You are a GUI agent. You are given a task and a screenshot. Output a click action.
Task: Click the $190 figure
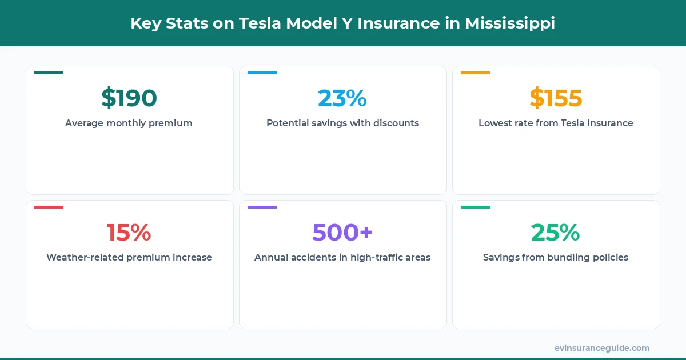pyautogui.click(x=129, y=98)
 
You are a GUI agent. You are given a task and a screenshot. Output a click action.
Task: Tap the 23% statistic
pyautogui.click(x=342, y=98)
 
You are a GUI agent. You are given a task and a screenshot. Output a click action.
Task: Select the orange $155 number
pyautogui.click(x=556, y=98)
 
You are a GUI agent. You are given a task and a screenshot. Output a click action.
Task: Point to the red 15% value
pyautogui.click(x=129, y=233)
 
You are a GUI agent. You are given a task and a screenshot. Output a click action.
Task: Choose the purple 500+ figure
pyautogui.click(x=342, y=233)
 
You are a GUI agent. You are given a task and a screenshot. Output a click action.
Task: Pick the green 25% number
pyautogui.click(x=556, y=233)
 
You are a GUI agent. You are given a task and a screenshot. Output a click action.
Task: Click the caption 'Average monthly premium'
pyautogui.click(x=129, y=123)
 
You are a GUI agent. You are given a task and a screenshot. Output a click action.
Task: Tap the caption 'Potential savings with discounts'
pyautogui.click(x=342, y=123)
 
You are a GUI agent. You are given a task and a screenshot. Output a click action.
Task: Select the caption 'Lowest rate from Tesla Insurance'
pyautogui.click(x=556, y=123)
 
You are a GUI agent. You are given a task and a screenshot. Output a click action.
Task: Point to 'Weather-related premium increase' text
pyautogui.click(x=129, y=257)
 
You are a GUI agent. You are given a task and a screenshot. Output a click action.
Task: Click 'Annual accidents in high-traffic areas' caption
pyautogui.click(x=342, y=257)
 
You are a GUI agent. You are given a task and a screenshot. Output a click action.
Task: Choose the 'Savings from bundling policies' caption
pyautogui.click(x=556, y=257)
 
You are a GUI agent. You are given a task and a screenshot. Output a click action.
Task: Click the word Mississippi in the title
pyautogui.click(x=509, y=23)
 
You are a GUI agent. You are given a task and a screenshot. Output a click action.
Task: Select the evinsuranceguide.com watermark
pyautogui.click(x=602, y=348)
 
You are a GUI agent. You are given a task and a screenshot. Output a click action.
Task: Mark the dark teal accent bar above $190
pyautogui.click(x=49, y=73)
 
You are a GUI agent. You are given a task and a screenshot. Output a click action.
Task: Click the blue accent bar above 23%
pyautogui.click(x=262, y=73)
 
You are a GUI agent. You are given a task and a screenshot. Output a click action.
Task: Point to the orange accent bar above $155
pyautogui.click(x=475, y=73)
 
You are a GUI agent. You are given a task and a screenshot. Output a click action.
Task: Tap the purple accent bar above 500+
pyautogui.click(x=262, y=207)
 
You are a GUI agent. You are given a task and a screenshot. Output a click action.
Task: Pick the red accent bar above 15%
pyautogui.click(x=49, y=207)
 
